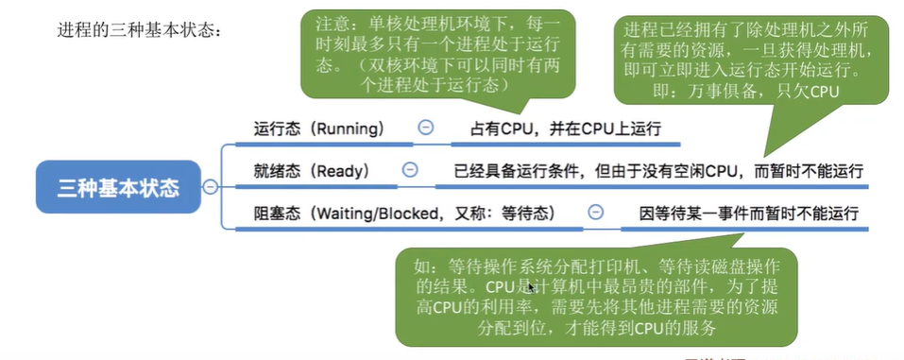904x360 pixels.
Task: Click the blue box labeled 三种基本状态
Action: click(118, 187)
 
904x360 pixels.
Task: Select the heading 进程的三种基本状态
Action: click(141, 30)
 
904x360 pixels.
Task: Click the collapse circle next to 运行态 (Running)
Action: click(425, 127)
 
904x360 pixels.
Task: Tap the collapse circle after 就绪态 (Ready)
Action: click(410, 170)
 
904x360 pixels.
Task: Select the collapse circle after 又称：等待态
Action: click(595, 212)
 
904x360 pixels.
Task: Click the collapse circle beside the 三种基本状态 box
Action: click(210, 187)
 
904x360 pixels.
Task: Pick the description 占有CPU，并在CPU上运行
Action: click(566, 128)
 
